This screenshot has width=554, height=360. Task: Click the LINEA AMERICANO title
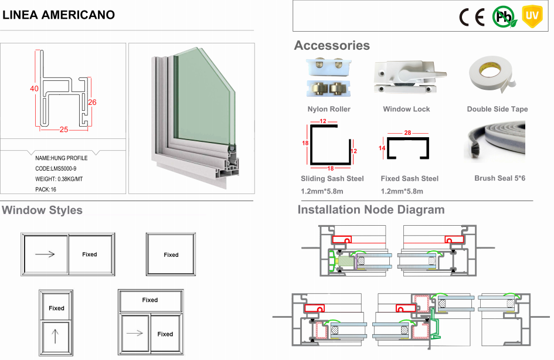[58, 15]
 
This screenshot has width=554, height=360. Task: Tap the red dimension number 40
[35, 89]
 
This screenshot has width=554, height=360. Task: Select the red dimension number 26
[92, 102]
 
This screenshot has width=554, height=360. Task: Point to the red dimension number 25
[64, 130]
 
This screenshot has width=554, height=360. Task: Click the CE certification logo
[471, 17]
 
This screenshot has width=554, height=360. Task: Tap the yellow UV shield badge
[531, 16]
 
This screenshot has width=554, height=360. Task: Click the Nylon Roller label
[329, 109]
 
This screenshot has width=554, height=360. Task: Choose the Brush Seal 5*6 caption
[499, 178]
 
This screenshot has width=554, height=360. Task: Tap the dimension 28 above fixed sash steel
[409, 134]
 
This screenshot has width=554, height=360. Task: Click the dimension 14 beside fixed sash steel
[382, 148]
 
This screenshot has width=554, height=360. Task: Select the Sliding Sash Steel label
[332, 178]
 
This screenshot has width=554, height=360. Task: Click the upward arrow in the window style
[56, 336]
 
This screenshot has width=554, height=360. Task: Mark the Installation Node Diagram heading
[371, 210]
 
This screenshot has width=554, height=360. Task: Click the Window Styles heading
[42, 210]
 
